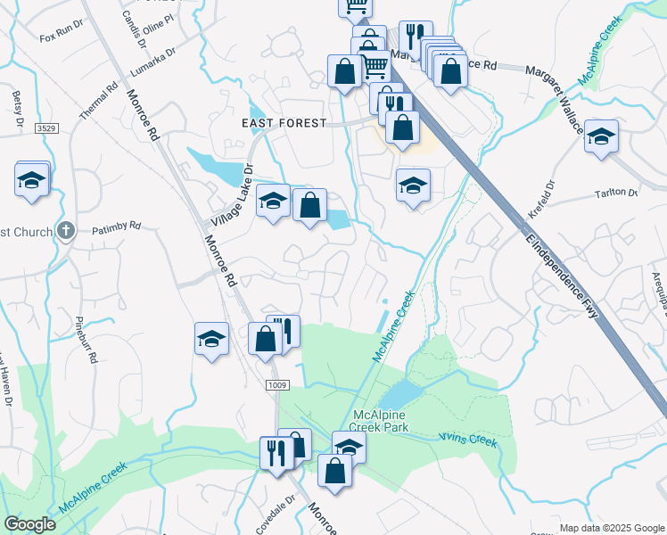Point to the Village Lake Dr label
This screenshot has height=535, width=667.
(233, 194)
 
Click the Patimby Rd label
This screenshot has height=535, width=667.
(116, 226)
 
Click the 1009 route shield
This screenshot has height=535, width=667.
(278, 385)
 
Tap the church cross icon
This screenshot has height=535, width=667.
(64, 231)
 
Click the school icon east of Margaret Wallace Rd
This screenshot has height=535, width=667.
(602, 136)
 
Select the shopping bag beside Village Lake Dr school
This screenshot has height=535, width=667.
(309, 206)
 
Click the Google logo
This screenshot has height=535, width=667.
(30, 524)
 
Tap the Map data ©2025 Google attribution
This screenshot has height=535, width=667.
(611, 528)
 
